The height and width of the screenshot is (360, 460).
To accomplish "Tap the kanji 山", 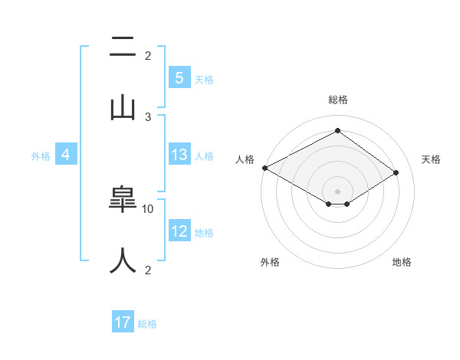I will click(x=123, y=106).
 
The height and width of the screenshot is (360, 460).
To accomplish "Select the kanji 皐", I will click(x=123, y=201).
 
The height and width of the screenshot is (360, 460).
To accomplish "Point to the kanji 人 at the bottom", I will click(x=123, y=260).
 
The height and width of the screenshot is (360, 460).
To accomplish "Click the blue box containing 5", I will click(x=179, y=78).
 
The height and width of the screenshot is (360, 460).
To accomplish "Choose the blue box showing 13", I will click(x=179, y=155).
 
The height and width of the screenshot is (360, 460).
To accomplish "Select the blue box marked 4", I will click(x=66, y=155).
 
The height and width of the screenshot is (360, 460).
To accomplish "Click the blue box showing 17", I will click(x=123, y=323).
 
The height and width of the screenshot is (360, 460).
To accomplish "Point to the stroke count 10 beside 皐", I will click(x=148, y=208).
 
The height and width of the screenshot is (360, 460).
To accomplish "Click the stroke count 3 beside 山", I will click(x=148, y=116).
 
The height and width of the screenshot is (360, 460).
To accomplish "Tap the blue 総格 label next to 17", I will click(x=147, y=324).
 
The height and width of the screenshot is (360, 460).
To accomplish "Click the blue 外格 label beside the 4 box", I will click(x=41, y=156).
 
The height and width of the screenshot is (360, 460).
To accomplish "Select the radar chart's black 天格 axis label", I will click(x=431, y=159).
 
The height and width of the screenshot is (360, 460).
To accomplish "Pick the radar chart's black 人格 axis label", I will click(x=244, y=159).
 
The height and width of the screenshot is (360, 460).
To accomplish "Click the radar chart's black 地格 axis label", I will click(x=402, y=262).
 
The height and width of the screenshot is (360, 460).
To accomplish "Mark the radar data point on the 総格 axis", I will click(x=337, y=131).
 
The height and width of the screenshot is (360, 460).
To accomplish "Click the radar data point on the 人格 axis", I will click(x=264, y=168).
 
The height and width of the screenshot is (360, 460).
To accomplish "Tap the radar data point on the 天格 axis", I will click(x=396, y=172).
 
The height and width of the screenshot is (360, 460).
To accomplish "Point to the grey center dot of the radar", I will click(x=337, y=191).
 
